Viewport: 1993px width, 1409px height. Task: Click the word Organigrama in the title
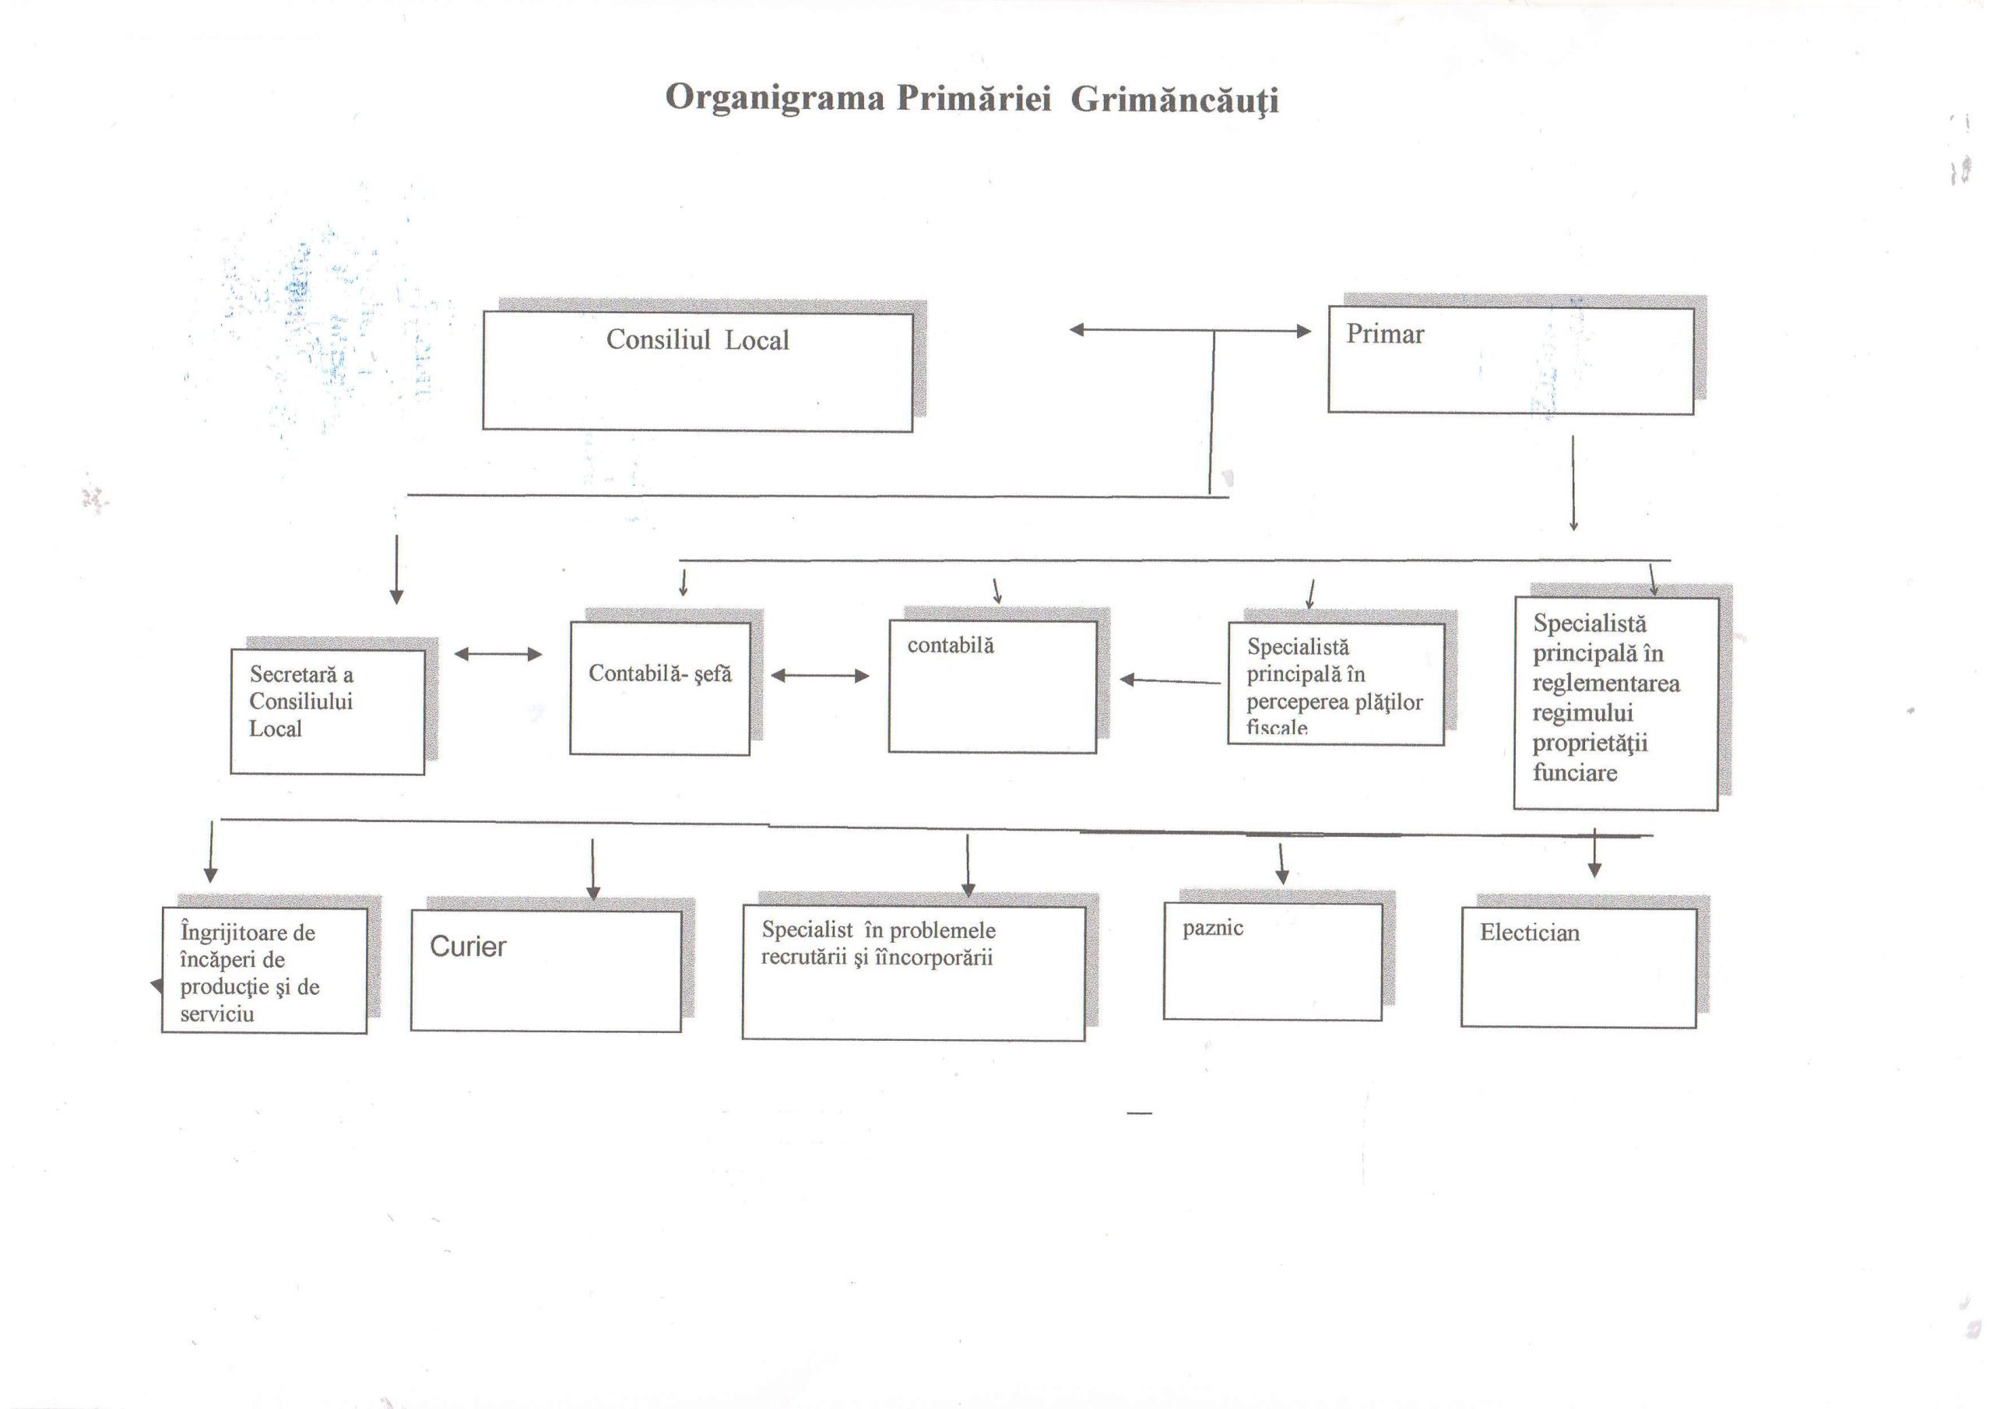[x=775, y=98]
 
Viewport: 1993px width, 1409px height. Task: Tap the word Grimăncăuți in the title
[x=1175, y=100]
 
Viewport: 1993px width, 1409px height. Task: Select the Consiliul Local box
[x=697, y=371]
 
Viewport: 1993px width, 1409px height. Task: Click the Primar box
[x=1510, y=360]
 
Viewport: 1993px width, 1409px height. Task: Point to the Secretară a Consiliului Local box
[x=327, y=712]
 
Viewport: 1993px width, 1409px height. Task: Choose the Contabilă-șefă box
[x=659, y=687]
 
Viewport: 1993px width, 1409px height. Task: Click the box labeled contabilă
[x=992, y=687]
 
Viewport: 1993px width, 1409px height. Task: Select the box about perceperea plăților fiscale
[x=1335, y=684]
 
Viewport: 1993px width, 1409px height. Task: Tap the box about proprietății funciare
[x=1615, y=703]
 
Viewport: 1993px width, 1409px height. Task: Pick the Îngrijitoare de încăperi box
[x=264, y=971]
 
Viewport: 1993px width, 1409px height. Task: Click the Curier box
[x=546, y=971]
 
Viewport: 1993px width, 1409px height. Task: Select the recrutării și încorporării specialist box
[x=913, y=973]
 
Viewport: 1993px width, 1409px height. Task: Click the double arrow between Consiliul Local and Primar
[x=1190, y=331]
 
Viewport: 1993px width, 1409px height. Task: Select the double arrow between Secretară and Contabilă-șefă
[x=498, y=655]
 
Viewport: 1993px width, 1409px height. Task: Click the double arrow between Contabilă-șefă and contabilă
[x=820, y=676]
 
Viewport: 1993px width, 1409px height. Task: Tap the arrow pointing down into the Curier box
[x=593, y=869]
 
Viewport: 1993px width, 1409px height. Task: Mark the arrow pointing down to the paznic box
[x=1281, y=863]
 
